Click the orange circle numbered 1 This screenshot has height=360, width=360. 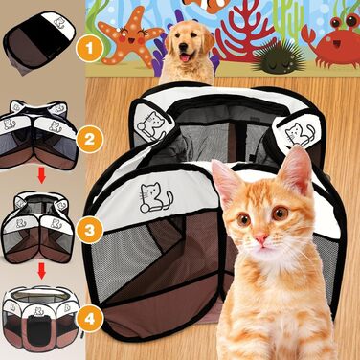pos(89,49)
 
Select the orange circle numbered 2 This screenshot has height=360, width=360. pos(89,139)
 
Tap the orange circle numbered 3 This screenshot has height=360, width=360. pos(90,230)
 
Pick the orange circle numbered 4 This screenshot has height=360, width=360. pos(90,318)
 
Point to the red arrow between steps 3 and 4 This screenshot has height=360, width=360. pos(41,270)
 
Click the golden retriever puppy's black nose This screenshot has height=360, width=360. pos(183,47)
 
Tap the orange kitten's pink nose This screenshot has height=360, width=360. pos(261,238)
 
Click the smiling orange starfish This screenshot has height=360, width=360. pos(129,35)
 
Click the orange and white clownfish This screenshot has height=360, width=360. pos(207,5)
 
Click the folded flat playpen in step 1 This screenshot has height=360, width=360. pos(39,40)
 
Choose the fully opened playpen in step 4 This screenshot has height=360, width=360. pos(41,317)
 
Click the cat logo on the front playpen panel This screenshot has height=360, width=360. pos(154,197)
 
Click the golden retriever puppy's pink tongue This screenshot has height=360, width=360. pos(185,58)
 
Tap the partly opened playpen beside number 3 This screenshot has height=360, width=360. pos(38,227)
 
